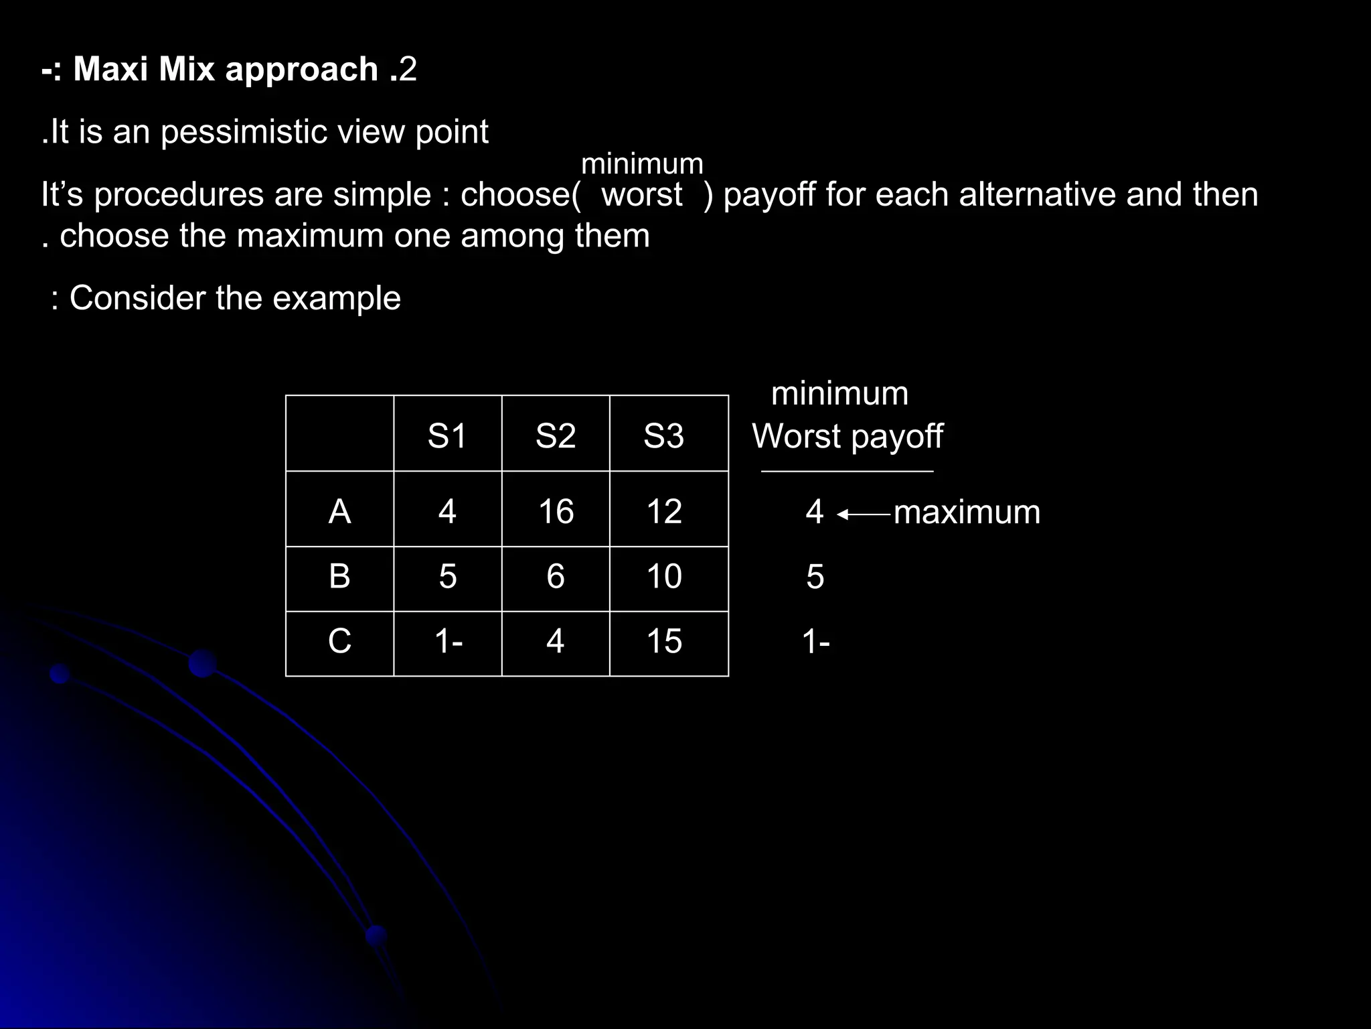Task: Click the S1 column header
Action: (447, 436)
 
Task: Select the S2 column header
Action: (556, 436)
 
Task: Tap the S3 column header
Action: (664, 436)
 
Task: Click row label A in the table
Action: (339, 512)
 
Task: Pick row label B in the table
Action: (339, 576)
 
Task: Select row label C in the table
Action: (339, 641)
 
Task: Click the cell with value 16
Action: (556, 512)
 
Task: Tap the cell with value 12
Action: (664, 512)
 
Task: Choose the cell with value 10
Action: (664, 576)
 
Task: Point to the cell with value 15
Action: (664, 641)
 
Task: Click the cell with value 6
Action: (556, 576)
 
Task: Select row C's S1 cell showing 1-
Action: (448, 641)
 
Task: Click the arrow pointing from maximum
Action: (863, 514)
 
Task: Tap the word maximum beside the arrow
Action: (967, 512)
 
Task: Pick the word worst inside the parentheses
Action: (641, 195)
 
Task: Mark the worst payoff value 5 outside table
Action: (815, 577)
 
